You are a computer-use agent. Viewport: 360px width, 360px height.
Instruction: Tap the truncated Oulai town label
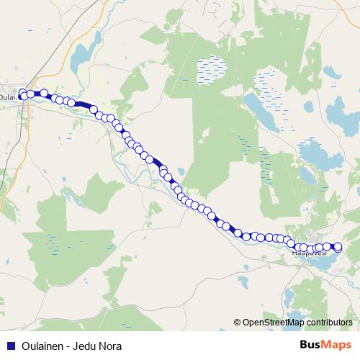(8, 96)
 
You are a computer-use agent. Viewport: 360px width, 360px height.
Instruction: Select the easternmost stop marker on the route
(338, 247)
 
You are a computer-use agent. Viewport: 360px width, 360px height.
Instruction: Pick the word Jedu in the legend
(89, 346)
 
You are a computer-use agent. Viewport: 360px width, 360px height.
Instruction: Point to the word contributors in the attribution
(329, 323)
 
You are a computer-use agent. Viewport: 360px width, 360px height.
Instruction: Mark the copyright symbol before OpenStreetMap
(238, 323)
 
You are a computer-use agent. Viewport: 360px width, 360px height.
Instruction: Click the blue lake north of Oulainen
(81, 54)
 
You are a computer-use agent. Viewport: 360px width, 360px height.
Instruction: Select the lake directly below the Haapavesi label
(320, 264)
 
